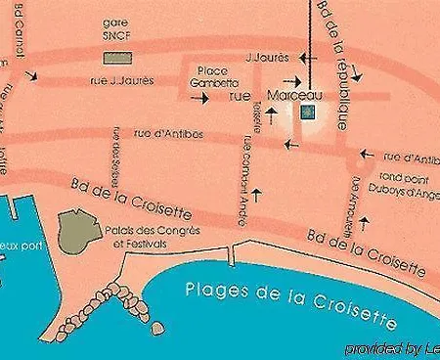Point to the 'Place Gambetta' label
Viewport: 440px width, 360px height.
tap(217, 77)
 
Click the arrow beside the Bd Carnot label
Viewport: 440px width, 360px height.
tap(32, 74)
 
